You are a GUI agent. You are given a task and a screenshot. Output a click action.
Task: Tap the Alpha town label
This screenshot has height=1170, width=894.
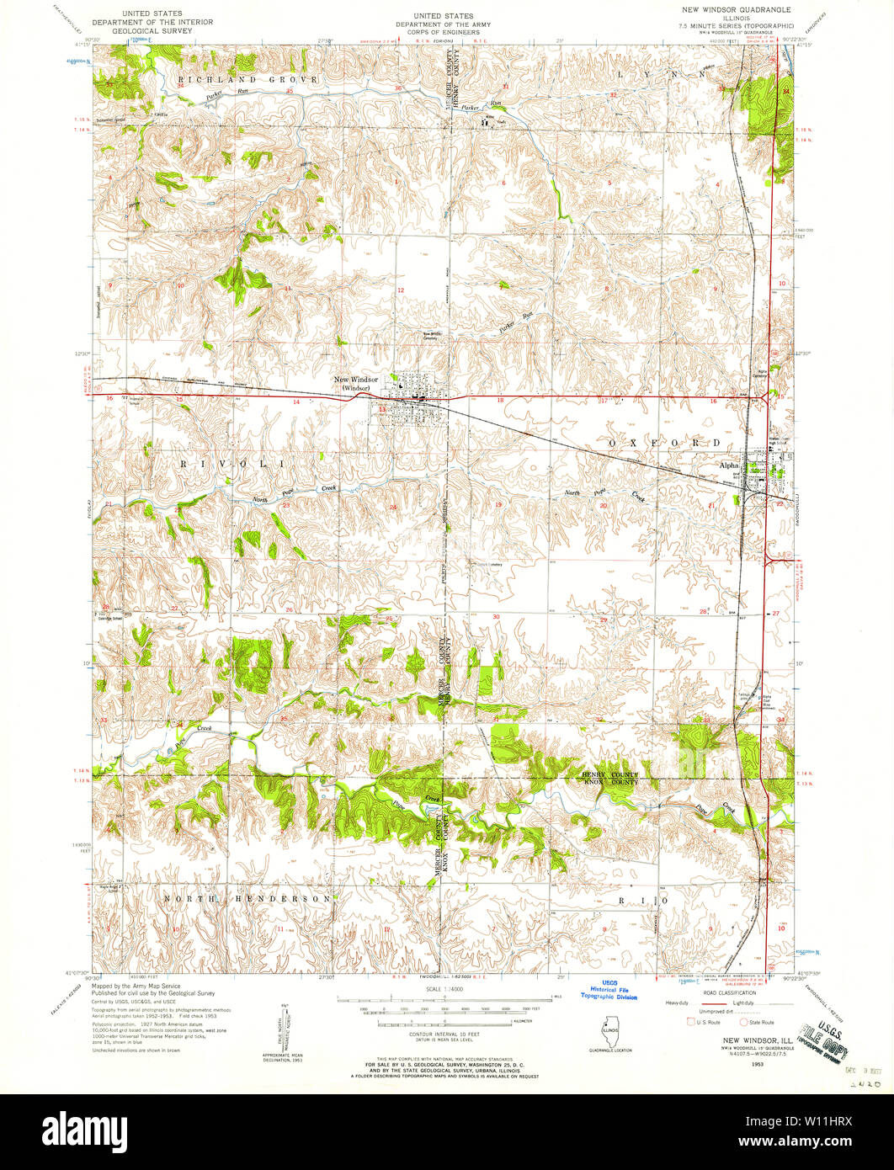coord(727,465)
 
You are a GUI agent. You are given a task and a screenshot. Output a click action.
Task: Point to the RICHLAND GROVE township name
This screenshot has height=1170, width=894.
coord(247,79)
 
